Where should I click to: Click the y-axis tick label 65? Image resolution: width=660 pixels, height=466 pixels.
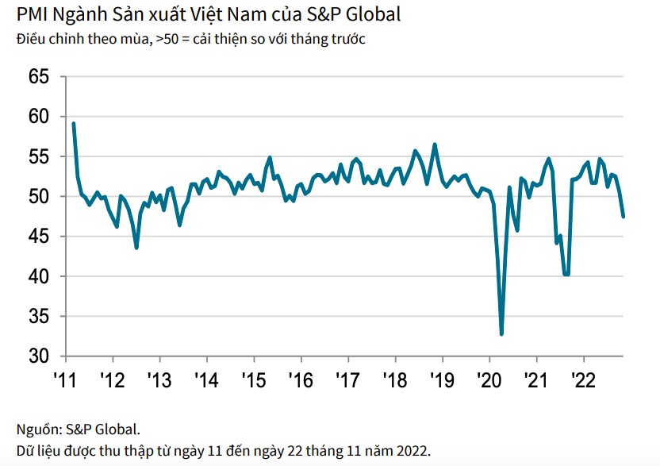[x=39, y=77]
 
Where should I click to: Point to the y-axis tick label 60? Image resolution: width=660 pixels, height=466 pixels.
[x=39, y=117]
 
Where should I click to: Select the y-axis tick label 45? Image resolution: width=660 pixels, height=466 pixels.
[x=39, y=237]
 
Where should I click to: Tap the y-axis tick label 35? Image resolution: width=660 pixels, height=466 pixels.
[x=39, y=317]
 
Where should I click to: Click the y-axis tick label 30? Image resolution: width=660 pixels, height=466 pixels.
[x=39, y=356]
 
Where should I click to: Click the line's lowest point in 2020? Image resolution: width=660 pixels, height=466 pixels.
[x=501, y=334]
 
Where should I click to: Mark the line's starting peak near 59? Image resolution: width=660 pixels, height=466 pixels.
[x=73, y=123]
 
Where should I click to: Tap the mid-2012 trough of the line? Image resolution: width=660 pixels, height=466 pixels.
[x=136, y=248]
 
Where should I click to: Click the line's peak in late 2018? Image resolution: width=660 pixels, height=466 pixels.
[x=435, y=144]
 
